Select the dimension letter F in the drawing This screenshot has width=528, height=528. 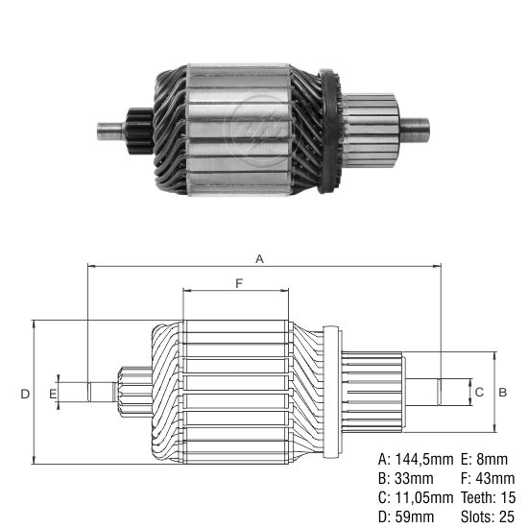point(237,282)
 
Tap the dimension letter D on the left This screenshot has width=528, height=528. point(24,393)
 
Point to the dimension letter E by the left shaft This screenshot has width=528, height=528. point(54,393)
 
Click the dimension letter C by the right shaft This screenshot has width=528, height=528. point(479,393)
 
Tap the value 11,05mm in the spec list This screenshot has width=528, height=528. point(423,497)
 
